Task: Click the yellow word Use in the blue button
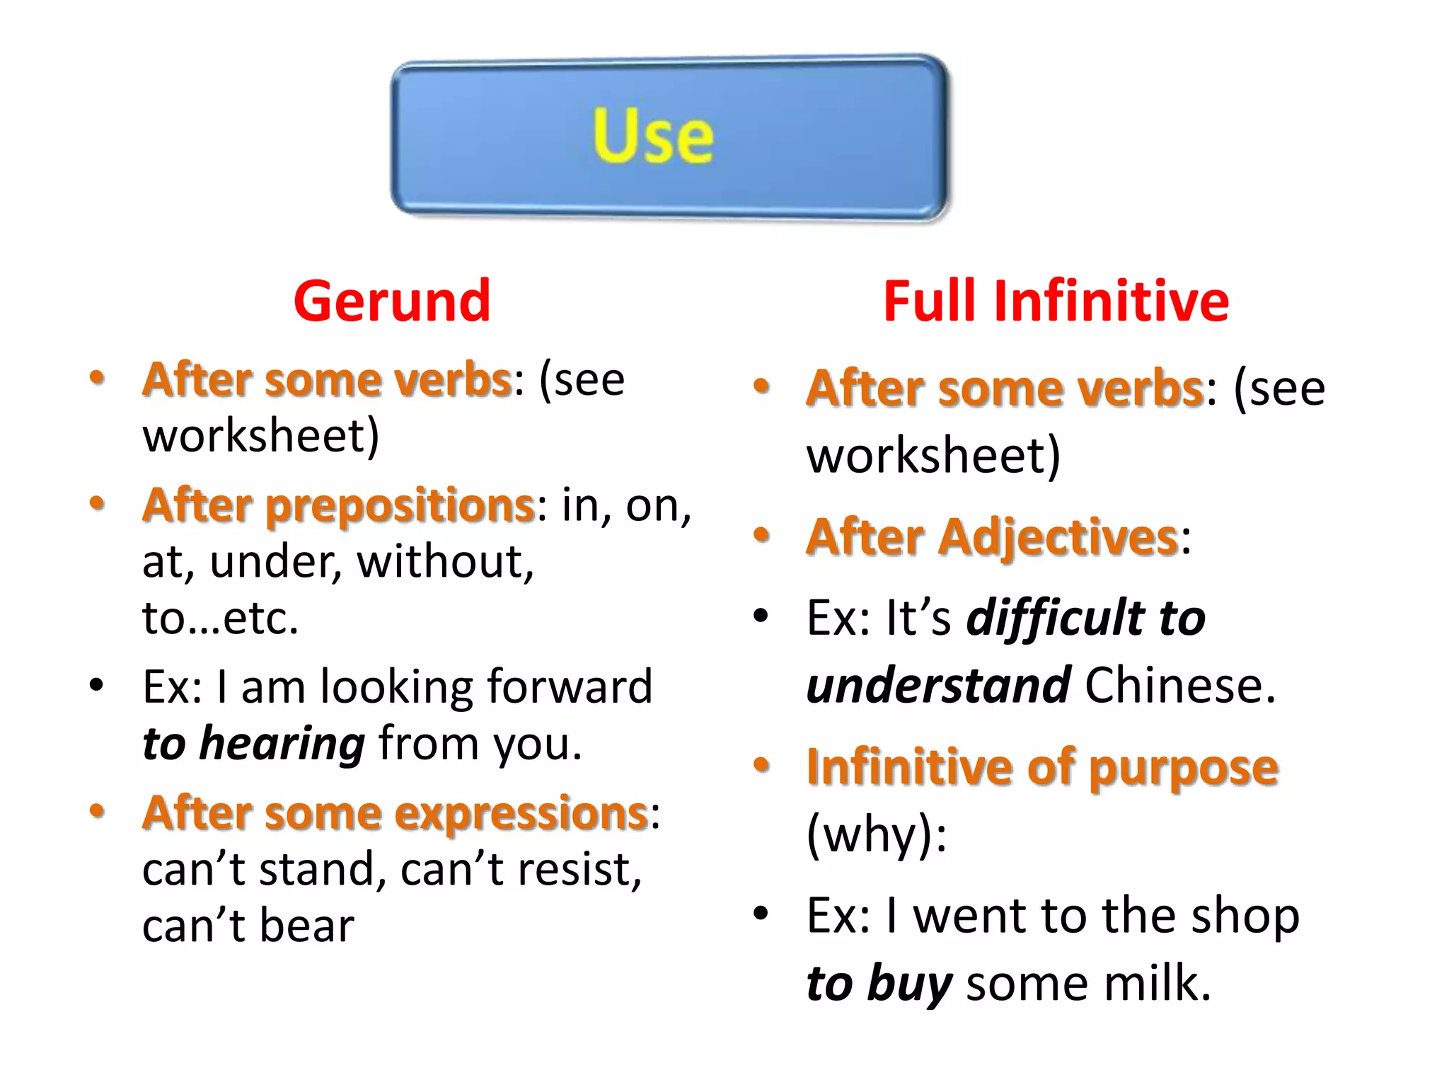point(652,136)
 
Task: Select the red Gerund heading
point(392,301)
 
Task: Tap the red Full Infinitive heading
point(1056,301)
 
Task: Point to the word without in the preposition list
point(445,562)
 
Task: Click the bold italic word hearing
point(282,744)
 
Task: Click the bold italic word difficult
point(1055,617)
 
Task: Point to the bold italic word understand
point(938,685)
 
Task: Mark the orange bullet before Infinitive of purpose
point(761,764)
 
